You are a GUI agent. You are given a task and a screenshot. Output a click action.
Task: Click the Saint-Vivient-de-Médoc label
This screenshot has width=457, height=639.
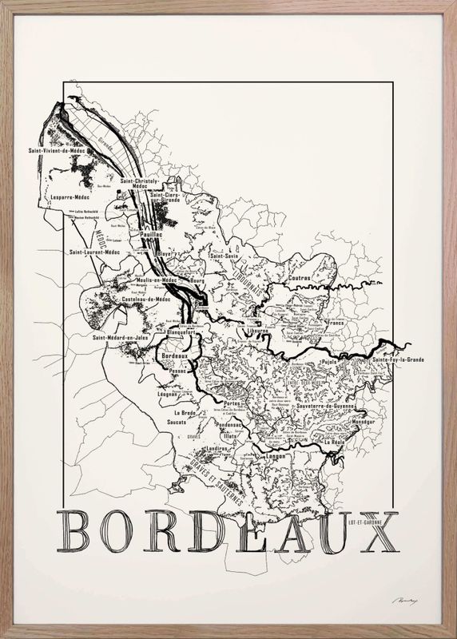pyautogui.click(x=56, y=150)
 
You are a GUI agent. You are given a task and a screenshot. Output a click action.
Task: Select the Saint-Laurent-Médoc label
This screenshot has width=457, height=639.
pyautogui.click(x=98, y=253)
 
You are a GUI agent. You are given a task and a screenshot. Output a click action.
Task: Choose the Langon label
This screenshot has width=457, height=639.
pyautogui.click(x=275, y=455)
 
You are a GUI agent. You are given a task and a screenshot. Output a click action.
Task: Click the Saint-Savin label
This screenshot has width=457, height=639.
pyautogui.click(x=225, y=256)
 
